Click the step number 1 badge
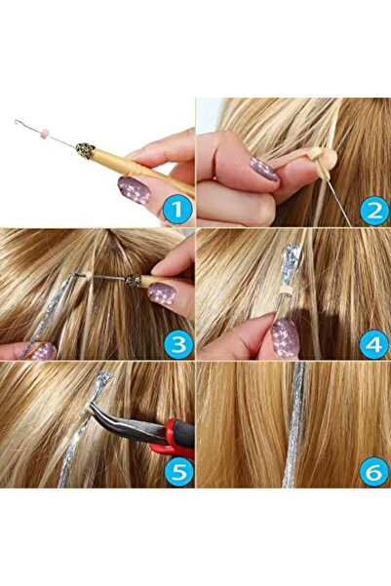174,209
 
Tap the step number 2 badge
372,209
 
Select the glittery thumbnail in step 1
134,188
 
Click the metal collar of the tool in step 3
131,280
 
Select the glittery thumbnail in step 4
286,337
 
